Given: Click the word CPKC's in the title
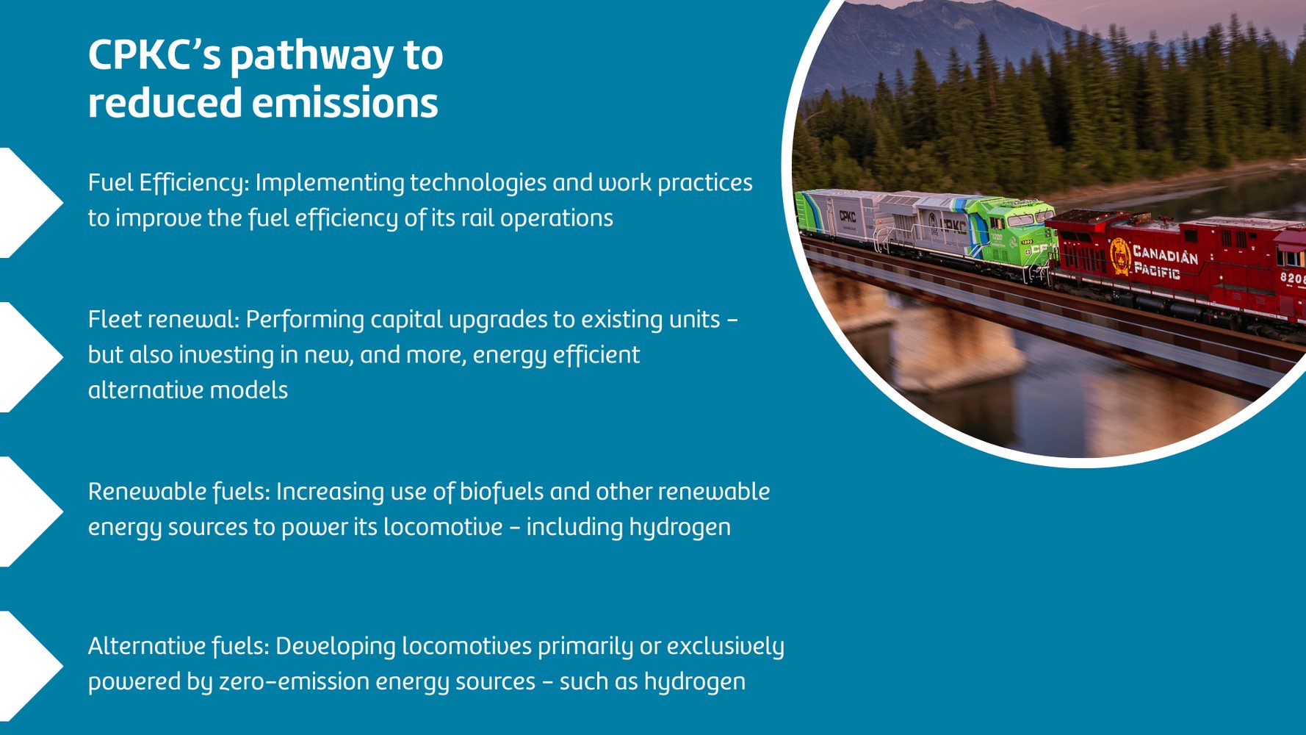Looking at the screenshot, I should coord(154,55).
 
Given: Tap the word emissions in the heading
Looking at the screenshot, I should coord(345,103).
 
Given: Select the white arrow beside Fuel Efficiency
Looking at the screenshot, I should coord(29,202).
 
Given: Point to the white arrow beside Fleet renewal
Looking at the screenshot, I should coord(29,356).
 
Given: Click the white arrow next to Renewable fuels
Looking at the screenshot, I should coord(29,511).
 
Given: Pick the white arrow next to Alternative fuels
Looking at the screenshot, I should coord(29,665).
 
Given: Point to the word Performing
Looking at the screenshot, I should coord(305,320).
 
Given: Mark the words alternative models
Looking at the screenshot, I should coord(188,390).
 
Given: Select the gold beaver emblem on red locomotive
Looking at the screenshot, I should coord(1120,257).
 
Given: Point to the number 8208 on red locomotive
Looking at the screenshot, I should coord(1292,278).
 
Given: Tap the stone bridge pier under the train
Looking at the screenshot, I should coord(955,345).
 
